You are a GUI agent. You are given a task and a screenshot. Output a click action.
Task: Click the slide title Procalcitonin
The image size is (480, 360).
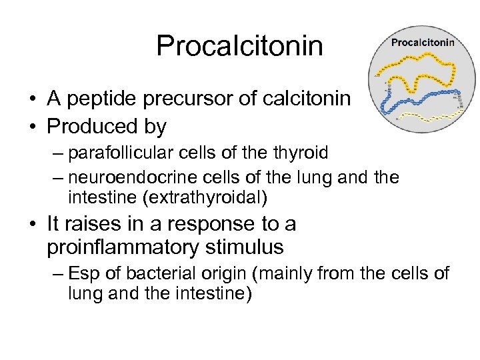click(239, 46)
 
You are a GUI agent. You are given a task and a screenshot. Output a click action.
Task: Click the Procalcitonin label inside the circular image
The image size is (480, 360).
click(423, 42)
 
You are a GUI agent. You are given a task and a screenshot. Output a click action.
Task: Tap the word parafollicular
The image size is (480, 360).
click(124, 153)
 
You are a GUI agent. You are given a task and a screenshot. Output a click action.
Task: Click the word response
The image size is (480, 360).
click(205, 225)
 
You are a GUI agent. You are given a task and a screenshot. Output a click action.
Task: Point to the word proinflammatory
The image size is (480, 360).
click(122, 248)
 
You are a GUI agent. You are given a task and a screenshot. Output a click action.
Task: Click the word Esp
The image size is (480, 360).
click(83, 273)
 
